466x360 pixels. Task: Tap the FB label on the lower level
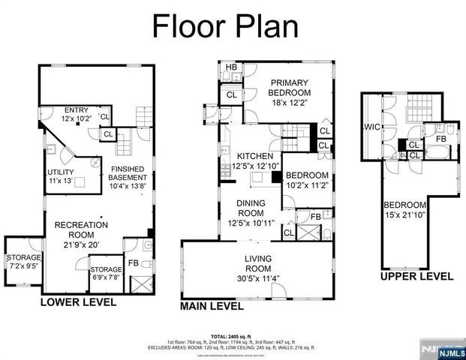tap(133, 263)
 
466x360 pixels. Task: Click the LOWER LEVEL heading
tap(79, 302)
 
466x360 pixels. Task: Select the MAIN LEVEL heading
tap(212, 306)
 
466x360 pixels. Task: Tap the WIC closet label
tap(371, 127)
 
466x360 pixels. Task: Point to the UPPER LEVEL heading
tap(416, 276)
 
